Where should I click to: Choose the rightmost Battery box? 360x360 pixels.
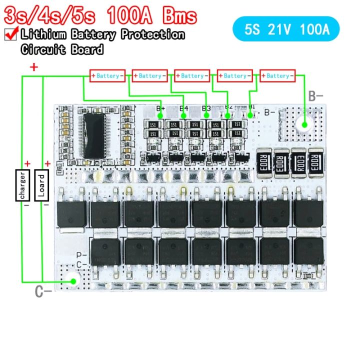coord(277,76)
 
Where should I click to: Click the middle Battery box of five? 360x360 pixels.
coord(192,76)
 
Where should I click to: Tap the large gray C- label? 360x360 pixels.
coord(43,292)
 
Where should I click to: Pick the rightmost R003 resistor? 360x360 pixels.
coord(316,163)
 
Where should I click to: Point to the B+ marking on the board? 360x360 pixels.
coord(160,108)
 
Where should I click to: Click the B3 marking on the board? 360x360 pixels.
coord(206,108)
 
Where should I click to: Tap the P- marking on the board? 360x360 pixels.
coord(81,255)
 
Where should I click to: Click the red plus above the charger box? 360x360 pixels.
coord(27,163)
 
